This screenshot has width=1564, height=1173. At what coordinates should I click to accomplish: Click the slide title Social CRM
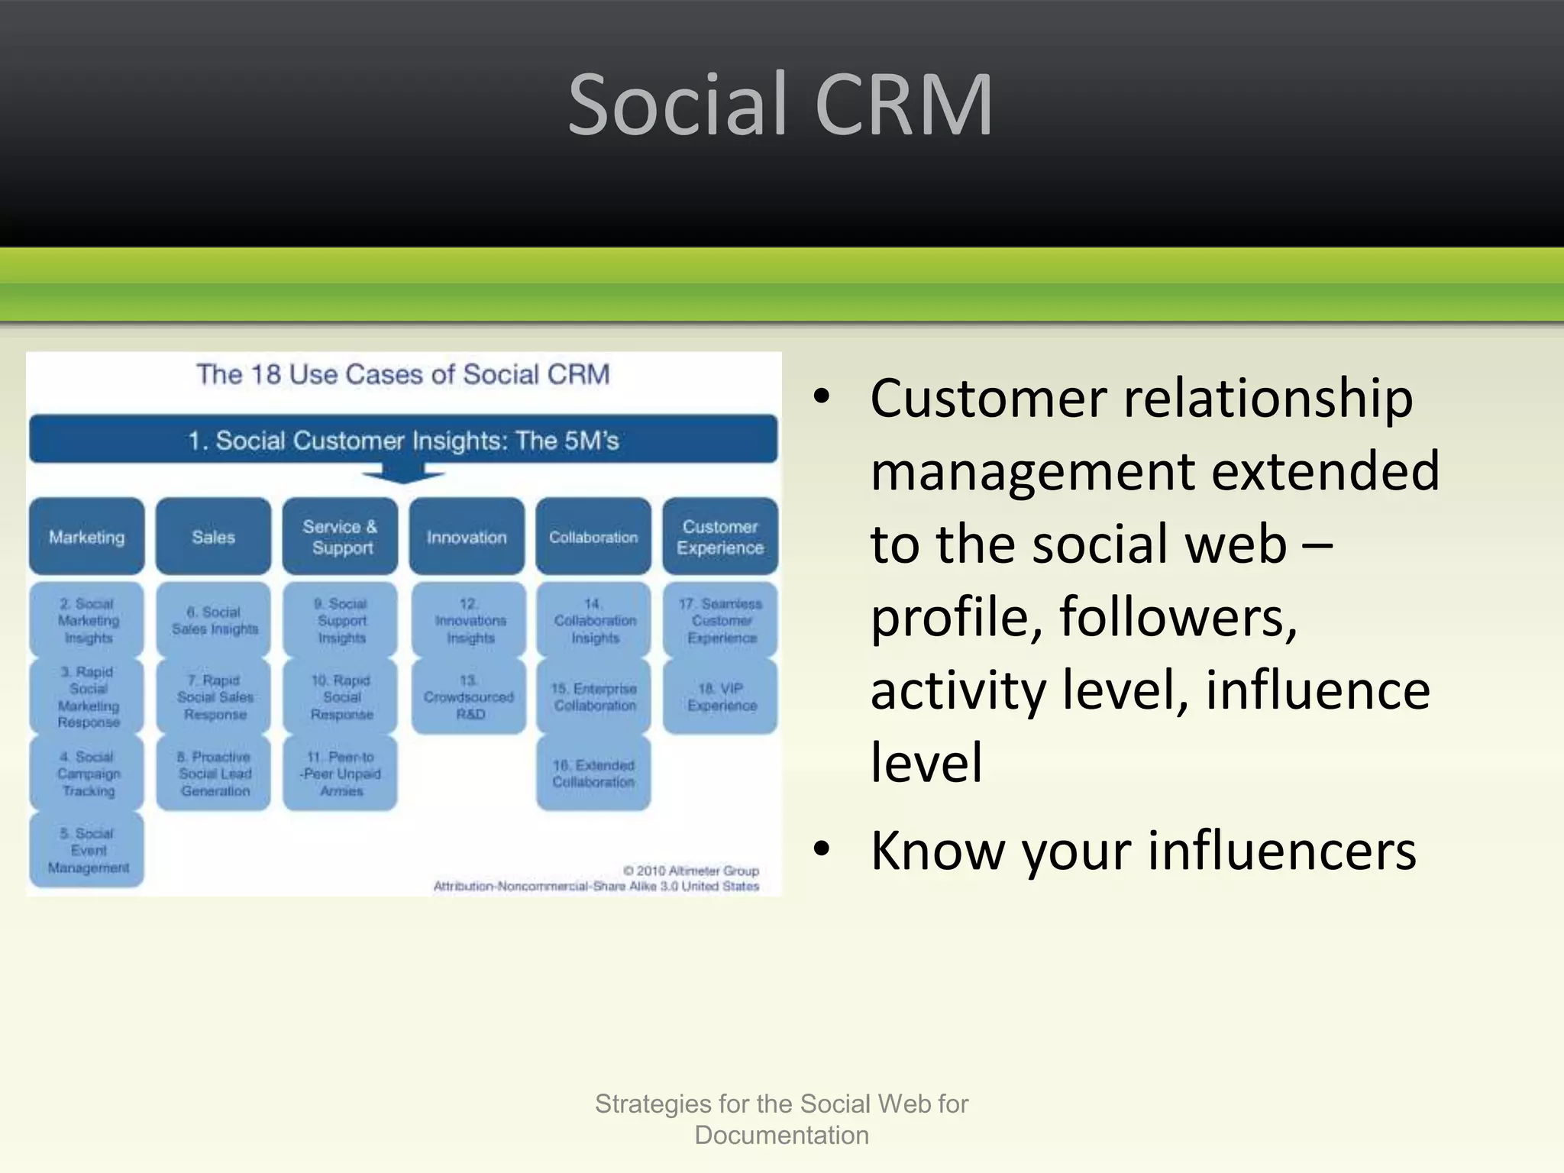point(780,105)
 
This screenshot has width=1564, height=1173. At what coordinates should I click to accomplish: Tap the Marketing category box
point(87,537)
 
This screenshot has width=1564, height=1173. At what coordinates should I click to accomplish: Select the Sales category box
point(214,537)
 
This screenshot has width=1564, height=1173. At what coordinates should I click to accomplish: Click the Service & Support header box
point(341,537)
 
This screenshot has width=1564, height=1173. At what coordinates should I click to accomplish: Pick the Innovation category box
point(467,537)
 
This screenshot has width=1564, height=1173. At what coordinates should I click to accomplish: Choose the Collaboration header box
point(593,537)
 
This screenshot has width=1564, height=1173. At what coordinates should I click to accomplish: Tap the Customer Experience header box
point(720,537)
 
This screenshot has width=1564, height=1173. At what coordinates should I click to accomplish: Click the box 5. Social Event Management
point(87,850)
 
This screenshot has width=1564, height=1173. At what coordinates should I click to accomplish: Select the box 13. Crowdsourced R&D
point(469,696)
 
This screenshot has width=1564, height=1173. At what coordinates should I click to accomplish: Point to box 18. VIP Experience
point(721,696)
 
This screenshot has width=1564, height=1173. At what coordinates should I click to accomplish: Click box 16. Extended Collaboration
point(593,773)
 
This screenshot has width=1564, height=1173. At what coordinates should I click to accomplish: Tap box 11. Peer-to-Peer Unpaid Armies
point(341,773)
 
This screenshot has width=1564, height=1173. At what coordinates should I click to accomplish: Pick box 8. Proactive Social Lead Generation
point(214,773)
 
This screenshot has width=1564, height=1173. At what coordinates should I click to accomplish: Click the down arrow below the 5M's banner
point(402,475)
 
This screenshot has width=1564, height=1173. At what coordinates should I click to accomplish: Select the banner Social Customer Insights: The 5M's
point(403,440)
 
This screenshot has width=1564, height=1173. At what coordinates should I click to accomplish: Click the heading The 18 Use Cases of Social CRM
point(403,374)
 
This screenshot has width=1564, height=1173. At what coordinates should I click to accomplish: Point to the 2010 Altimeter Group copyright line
point(690,871)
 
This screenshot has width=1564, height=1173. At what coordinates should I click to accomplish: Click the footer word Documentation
point(781,1135)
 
